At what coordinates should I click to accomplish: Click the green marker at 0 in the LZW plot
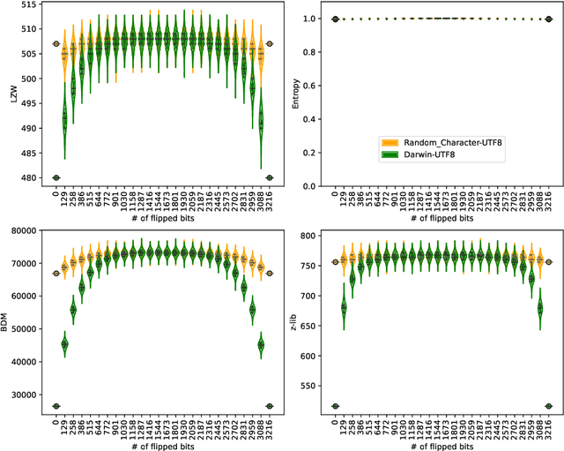[x=56, y=177]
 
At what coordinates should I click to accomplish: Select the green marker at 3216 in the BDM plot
[x=270, y=406]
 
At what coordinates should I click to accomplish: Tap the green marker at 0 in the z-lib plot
[x=334, y=406]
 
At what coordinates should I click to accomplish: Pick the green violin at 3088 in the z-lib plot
[x=539, y=308]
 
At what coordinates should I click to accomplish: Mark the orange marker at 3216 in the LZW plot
[x=270, y=43]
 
